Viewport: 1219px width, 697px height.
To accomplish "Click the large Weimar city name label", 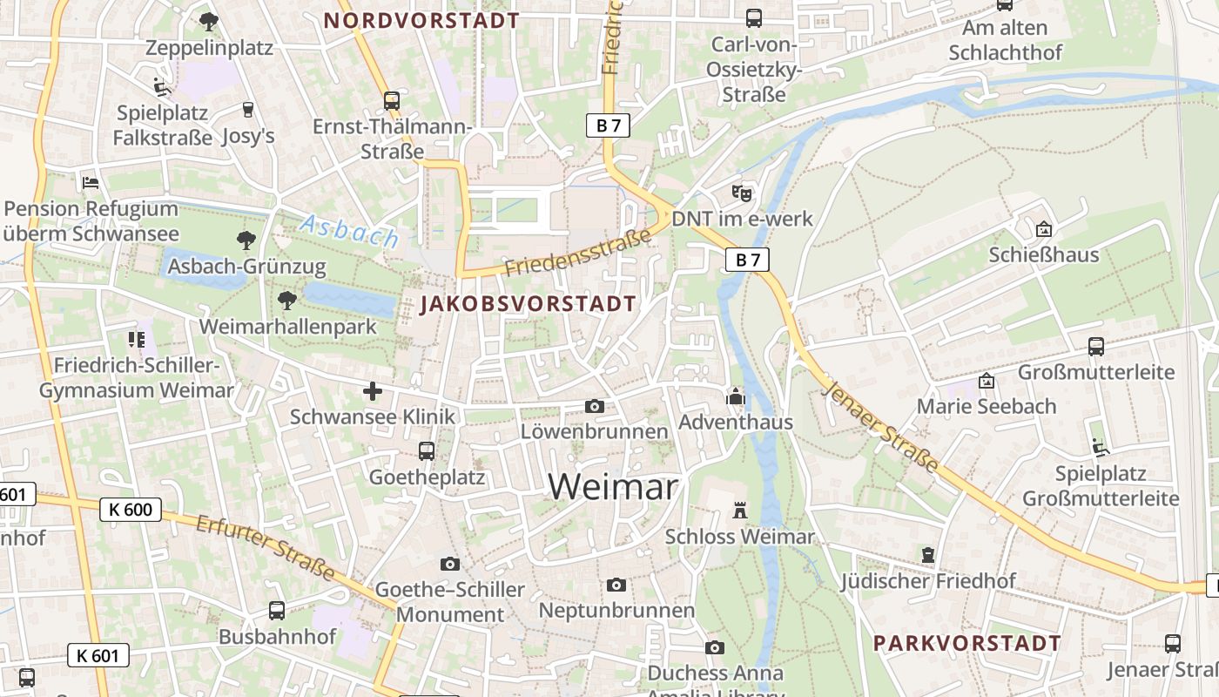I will tap(613, 486).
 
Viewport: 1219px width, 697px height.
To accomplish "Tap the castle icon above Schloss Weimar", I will tap(740, 510).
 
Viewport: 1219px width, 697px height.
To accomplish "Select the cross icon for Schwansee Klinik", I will tap(373, 391).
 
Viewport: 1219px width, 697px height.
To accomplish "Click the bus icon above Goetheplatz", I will tap(427, 451).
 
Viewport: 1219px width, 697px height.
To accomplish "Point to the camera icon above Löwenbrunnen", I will tap(595, 406).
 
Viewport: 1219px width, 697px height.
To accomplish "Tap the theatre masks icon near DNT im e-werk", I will tap(741, 193).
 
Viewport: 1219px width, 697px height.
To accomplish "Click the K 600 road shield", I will tap(131, 510).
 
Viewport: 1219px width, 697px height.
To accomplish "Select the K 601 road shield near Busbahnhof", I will tap(98, 656).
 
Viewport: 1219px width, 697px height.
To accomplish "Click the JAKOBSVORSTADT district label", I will tap(528, 304).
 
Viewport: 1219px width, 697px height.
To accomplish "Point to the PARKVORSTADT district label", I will tap(966, 643).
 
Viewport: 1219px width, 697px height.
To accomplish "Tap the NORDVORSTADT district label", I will tap(421, 21).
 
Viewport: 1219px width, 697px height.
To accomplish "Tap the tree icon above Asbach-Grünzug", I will tap(246, 240).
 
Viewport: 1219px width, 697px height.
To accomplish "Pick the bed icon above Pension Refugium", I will tap(91, 183).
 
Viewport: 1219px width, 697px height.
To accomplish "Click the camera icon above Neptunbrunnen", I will tap(616, 585).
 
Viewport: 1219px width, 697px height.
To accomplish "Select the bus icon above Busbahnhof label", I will tap(277, 611).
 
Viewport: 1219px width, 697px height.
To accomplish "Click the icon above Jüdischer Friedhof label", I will tap(928, 555).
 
